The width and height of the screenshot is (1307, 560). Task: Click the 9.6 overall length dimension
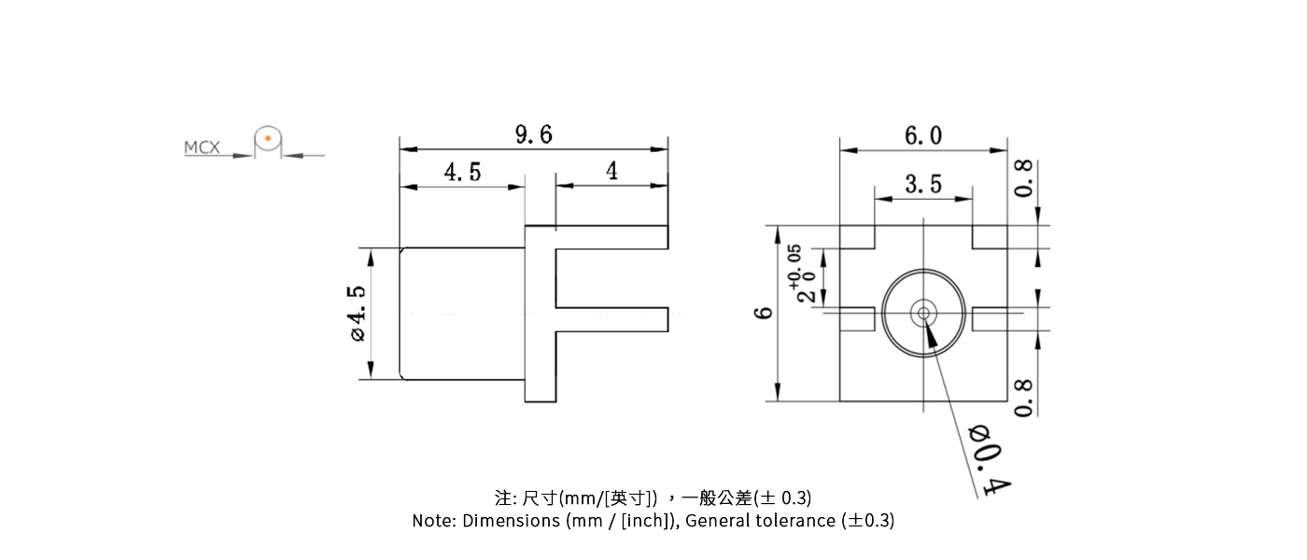click(x=533, y=135)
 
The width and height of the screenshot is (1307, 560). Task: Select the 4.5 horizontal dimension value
click(x=462, y=173)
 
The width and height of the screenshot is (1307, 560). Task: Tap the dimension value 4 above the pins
click(x=611, y=172)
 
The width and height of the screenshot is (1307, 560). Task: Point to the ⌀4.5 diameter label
click(x=358, y=314)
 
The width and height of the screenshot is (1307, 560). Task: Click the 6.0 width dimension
click(x=922, y=136)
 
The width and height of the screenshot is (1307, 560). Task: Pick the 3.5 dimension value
click(x=922, y=185)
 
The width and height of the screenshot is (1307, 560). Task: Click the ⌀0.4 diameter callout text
click(x=991, y=459)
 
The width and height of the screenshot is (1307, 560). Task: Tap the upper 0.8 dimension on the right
click(x=1024, y=178)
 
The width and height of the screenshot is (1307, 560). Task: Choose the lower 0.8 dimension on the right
click(x=1024, y=398)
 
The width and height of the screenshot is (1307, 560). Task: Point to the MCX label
click(x=202, y=147)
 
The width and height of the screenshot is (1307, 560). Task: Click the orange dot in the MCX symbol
click(x=268, y=140)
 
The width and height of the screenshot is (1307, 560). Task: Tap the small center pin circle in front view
click(x=923, y=313)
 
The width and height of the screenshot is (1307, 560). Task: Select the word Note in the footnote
click(x=433, y=521)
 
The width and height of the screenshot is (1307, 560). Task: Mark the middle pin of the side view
click(x=612, y=319)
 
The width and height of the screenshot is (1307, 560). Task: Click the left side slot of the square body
click(x=857, y=319)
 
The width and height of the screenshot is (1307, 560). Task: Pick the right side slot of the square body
click(x=990, y=319)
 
